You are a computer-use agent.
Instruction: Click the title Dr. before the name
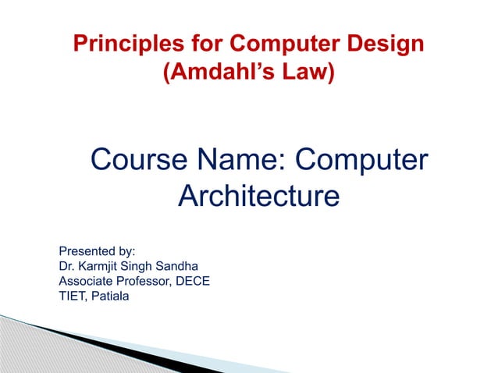tap(68, 266)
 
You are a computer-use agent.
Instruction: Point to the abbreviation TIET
tap(73, 296)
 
